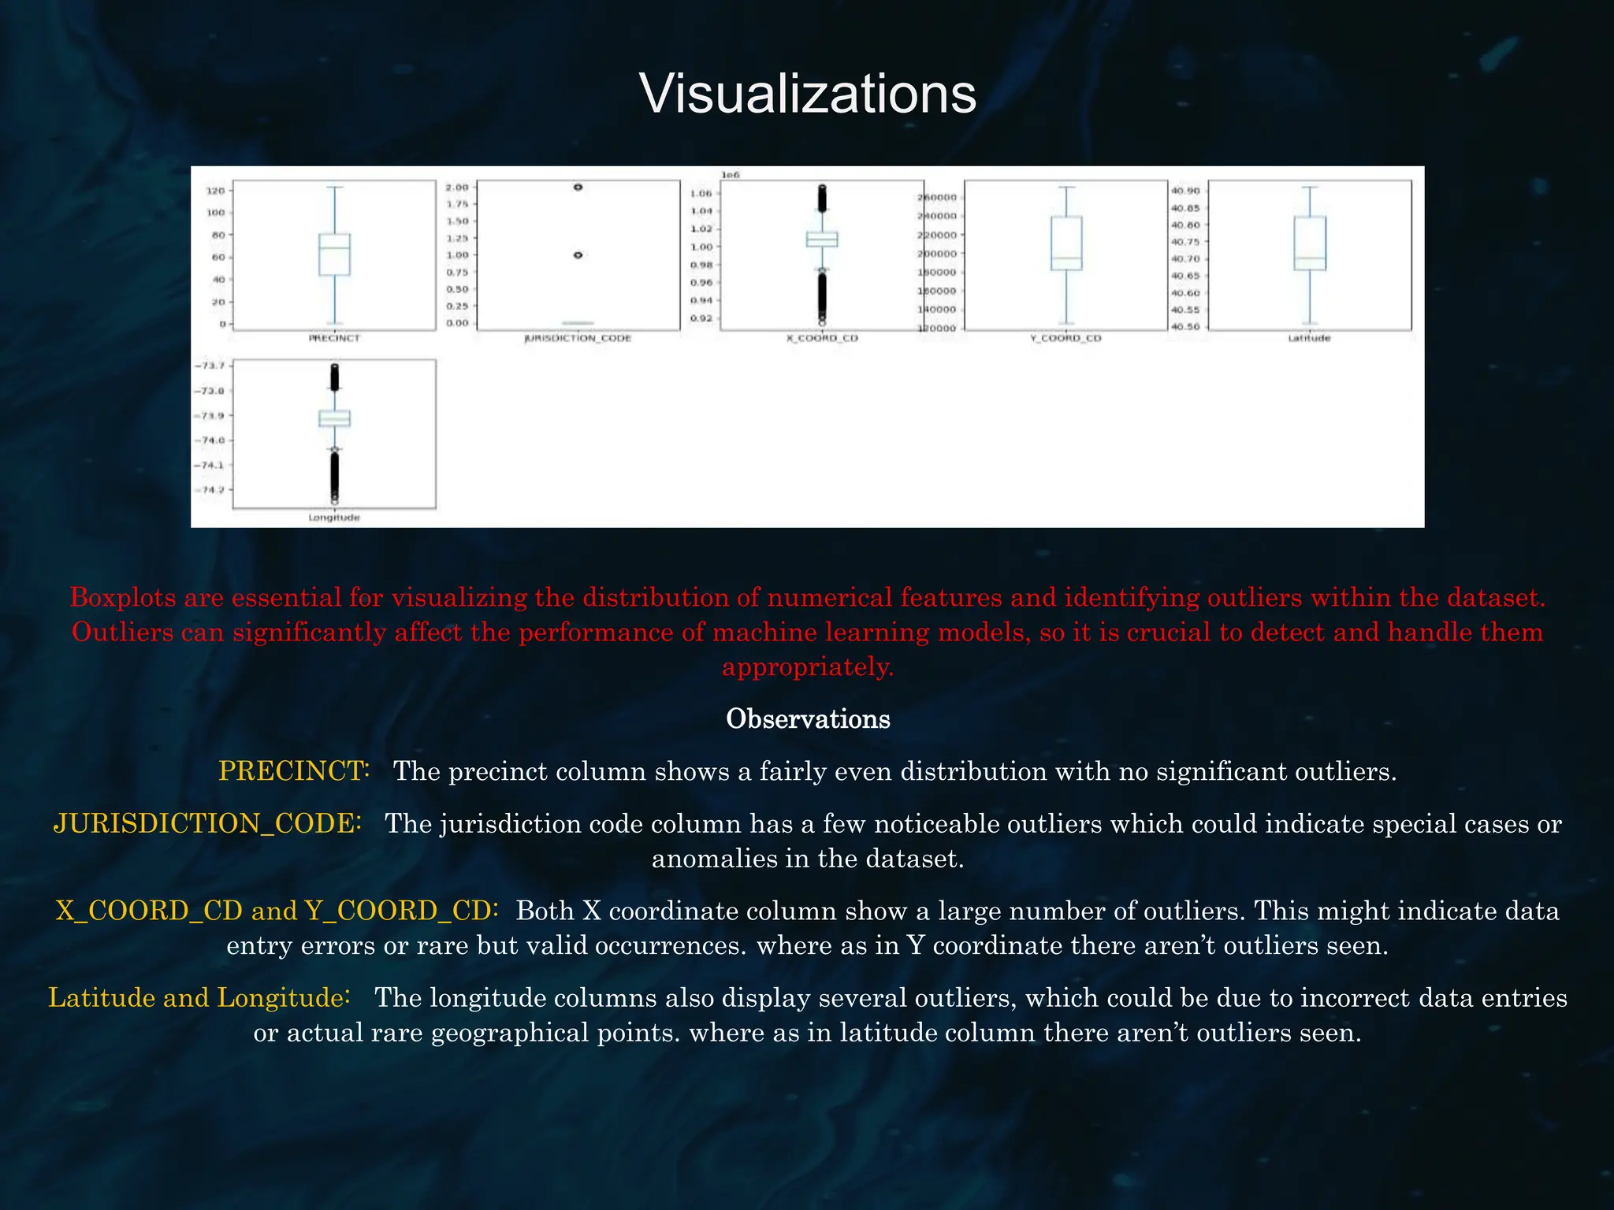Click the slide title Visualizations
(807, 94)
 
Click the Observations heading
(807, 719)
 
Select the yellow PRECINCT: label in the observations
(294, 771)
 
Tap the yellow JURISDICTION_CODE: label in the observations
(207, 824)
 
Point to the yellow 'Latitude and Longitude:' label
(199, 998)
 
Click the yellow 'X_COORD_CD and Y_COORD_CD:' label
(277, 911)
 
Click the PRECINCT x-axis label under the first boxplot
(334, 339)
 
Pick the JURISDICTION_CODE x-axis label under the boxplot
(578, 339)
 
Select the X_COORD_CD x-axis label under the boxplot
(822, 339)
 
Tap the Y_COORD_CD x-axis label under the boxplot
(1065, 339)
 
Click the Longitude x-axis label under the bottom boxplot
(334, 518)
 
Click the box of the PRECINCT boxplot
(334, 254)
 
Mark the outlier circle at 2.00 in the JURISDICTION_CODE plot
(578, 187)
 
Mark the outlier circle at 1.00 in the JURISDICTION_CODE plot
(578, 255)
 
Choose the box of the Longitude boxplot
(334, 418)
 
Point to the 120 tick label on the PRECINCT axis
(215, 191)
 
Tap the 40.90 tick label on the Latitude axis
(1185, 191)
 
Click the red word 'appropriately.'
(808, 667)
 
